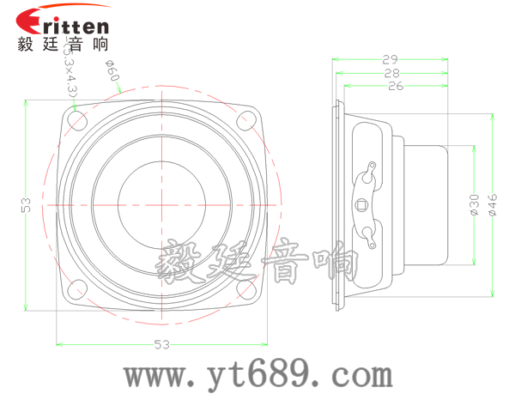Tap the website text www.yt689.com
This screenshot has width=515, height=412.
[x=257, y=375]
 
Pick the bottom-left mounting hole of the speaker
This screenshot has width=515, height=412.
[x=75, y=290]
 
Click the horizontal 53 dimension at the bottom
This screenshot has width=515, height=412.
[x=161, y=345]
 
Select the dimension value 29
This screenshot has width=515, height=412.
[x=391, y=59]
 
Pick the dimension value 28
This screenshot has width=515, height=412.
[x=392, y=73]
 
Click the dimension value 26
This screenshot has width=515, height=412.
[x=396, y=87]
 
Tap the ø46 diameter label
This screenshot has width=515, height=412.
[x=493, y=204]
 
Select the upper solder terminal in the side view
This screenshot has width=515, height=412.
[x=368, y=173]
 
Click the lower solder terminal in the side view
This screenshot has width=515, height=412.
[x=369, y=233]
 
